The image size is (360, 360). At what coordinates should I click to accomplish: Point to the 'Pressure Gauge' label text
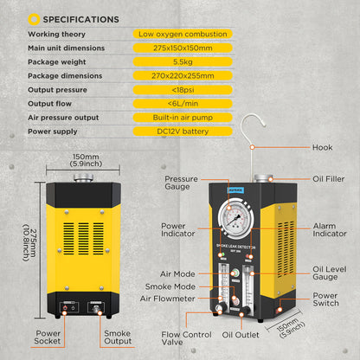pyautogui.click(x=182, y=182)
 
